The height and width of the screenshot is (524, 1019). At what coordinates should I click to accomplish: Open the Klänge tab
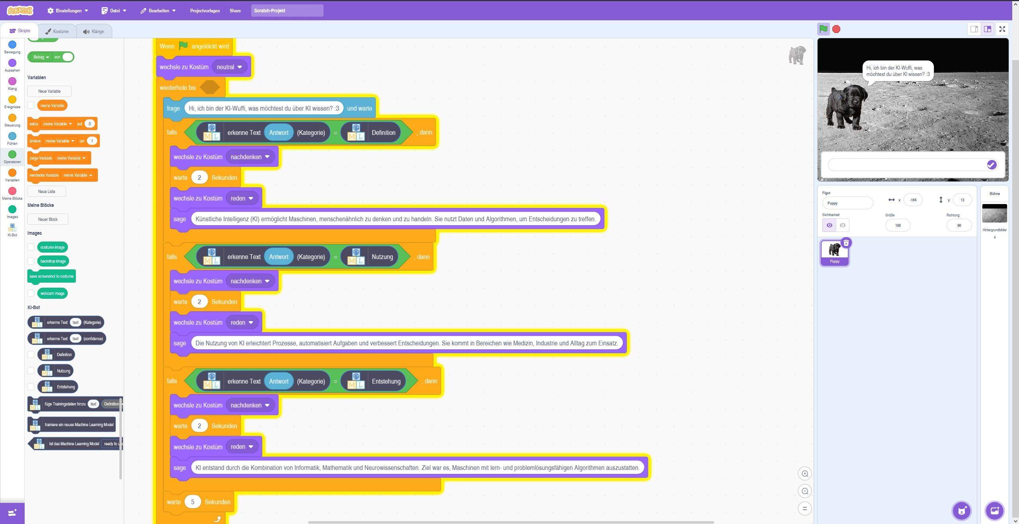tap(94, 31)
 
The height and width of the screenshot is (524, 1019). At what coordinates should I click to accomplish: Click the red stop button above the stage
tap(836, 29)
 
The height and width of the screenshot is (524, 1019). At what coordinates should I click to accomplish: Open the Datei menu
tap(114, 11)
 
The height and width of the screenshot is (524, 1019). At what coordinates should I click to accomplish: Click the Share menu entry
tap(235, 11)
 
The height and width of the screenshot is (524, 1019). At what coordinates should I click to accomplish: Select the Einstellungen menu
tap(68, 11)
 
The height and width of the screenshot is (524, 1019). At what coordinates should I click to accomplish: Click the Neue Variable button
tap(49, 91)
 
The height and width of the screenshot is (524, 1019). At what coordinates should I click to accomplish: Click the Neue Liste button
tap(47, 191)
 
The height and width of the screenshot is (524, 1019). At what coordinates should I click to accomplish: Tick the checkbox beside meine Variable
tap(31, 105)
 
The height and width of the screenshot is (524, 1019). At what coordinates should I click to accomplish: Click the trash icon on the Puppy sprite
tap(846, 243)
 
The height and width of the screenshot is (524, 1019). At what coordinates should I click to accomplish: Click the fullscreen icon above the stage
tap(1002, 29)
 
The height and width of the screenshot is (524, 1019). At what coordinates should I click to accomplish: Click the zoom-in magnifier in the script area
tap(805, 473)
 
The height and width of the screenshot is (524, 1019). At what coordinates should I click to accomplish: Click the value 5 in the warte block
tap(193, 502)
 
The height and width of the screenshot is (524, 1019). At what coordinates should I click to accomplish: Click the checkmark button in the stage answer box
tap(991, 165)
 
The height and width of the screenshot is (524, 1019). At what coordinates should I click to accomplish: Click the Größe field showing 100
tap(898, 225)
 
